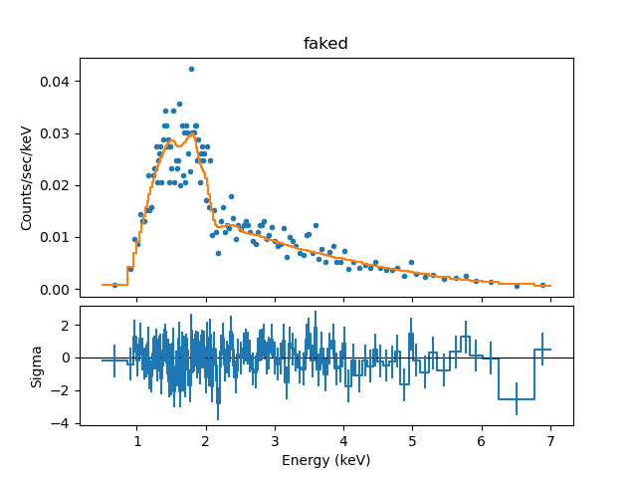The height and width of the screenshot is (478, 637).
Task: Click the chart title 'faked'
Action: coord(325,44)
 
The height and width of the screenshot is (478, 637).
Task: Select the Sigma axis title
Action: coord(37,365)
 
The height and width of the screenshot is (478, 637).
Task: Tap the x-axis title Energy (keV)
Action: coord(325,459)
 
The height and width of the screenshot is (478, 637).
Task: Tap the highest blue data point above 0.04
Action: coord(191,70)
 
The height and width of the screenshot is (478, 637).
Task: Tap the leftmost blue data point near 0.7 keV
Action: coord(114,285)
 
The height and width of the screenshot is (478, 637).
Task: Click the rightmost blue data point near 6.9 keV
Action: coord(542,285)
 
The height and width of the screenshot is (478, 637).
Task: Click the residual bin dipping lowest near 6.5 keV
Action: coord(517,399)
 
